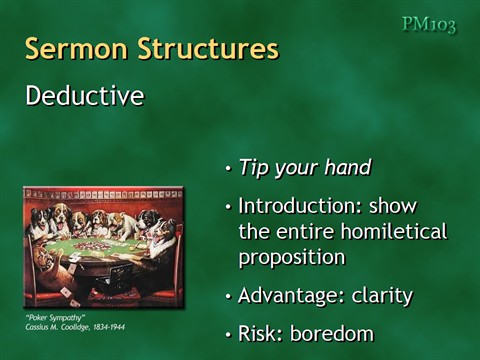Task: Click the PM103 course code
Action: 429,24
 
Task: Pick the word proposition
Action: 291,258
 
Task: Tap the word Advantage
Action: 284,296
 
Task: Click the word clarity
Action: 377,296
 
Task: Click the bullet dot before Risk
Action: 229,335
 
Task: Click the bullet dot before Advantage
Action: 229,297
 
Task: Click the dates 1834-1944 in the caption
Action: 104,327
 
